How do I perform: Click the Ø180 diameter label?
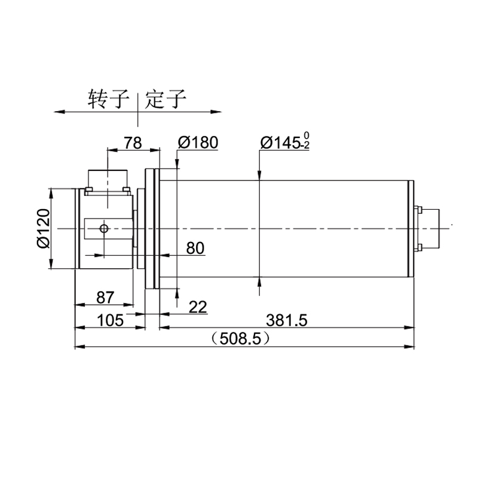pyautogui.click(x=198, y=142)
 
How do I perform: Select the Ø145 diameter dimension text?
pyautogui.click(x=280, y=143)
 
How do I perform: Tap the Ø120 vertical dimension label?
pyautogui.click(x=43, y=228)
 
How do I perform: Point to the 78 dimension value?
pyautogui.click(x=133, y=143)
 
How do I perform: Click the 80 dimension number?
pyautogui.click(x=195, y=248)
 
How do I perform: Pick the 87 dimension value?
pyautogui.click(x=105, y=298)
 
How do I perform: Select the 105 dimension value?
pyautogui.click(x=111, y=320)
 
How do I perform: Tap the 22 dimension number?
pyautogui.click(x=198, y=307)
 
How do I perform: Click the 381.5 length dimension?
pyautogui.click(x=287, y=320)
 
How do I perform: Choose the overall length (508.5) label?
pyautogui.click(x=241, y=338)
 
